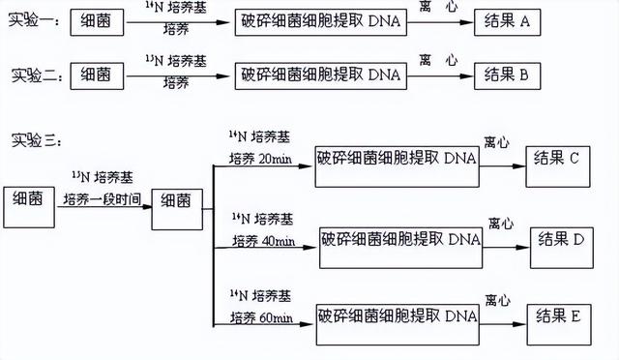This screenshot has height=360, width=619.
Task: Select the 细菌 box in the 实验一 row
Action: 101,22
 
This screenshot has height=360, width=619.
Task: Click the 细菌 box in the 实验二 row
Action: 101,74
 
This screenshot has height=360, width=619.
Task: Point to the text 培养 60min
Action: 260,315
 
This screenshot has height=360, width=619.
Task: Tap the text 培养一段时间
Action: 101,199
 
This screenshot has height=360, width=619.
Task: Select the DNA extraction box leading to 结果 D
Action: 398,238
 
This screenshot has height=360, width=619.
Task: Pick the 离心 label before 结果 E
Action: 497,301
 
